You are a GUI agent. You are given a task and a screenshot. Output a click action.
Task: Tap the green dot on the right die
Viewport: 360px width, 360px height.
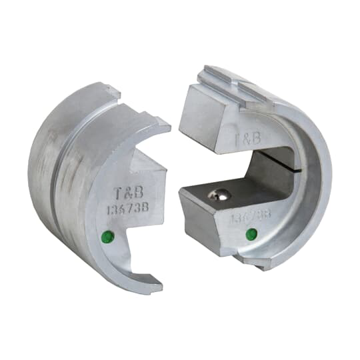[251, 234]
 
